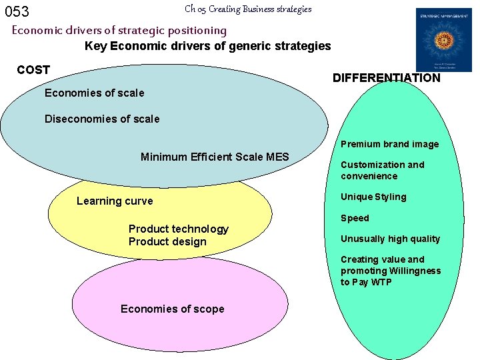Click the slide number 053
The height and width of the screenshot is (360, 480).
pyautogui.click(x=17, y=11)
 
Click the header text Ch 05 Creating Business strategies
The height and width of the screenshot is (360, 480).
pyautogui.click(x=248, y=9)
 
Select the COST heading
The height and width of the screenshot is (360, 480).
pyautogui.click(x=33, y=70)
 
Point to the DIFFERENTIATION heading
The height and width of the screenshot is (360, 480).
pyautogui.click(x=386, y=78)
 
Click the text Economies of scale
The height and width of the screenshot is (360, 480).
pyautogui.click(x=94, y=93)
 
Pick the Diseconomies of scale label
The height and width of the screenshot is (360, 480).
pyautogui.click(x=102, y=119)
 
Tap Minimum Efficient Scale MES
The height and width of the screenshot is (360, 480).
pyautogui.click(x=215, y=157)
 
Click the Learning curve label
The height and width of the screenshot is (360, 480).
pyautogui.click(x=115, y=201)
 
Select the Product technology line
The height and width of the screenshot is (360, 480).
pyautogui.click(x=178, y=229)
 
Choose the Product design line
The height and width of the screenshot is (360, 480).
pyautogui.click(x=167, y=242)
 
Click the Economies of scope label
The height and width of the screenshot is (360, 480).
pyautogui.click(x=172, y=309)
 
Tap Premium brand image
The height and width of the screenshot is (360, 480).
pyautogui.click(x=390, y=144)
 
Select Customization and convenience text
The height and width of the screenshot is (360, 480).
pyautogui.click(x=382, y=171)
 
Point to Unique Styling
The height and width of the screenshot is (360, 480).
pyautogui.click(x=373, y=197)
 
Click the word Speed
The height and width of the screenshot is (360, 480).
pyautogui.click(x=355, y=218)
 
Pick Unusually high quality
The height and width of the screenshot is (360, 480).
pyautogui.click(x=390, y=239)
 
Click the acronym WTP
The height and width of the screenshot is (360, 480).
pyautogui.click(x=381, y=283)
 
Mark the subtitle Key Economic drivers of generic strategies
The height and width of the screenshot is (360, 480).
pyautogui.click(x=207, y=46)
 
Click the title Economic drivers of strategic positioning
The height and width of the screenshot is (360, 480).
pyautogui.click(x=119, y=30)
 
